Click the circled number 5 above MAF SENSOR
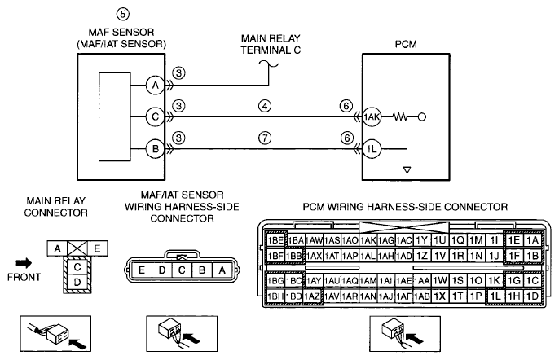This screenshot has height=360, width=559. coord(122,15)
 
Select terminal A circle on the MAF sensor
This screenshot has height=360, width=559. coord(155,86)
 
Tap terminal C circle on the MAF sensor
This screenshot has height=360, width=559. coord(155,117)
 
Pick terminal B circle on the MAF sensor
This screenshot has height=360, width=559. coord(155,148)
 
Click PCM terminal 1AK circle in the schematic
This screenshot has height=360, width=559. coord(372,117)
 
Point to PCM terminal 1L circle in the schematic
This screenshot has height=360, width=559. coord(372,148)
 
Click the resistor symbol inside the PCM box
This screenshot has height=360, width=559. coord(400,117)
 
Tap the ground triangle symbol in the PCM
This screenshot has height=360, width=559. coord(407,169)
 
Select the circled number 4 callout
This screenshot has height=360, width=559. coord(265,106)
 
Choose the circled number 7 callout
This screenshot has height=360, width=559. coord(265,138)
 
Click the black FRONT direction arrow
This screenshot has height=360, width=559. coord(24,263)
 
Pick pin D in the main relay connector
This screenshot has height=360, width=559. coord(77,283)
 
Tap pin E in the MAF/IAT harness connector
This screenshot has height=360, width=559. coord(142,270)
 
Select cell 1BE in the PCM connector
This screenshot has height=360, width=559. coord(275,240)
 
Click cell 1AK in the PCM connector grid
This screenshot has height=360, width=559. coord(368,240)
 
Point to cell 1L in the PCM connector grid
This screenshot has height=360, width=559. coord(495,296)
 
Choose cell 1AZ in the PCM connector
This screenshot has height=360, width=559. coord(313,296)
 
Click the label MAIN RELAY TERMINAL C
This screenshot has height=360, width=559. coord(271,44)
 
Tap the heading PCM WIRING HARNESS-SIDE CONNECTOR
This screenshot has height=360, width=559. coord(405,207)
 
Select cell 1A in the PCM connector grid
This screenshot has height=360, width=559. coord(532,240)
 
